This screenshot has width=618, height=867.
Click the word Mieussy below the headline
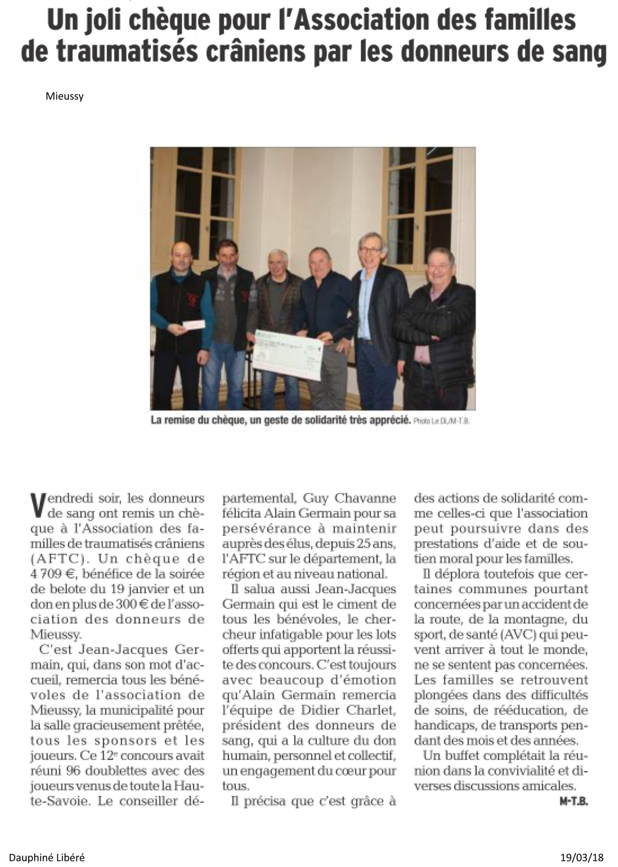[x=64, y=96]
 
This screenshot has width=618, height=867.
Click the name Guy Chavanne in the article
[x=349, y=498]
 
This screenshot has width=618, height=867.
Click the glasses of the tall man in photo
[x=371, y=250]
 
